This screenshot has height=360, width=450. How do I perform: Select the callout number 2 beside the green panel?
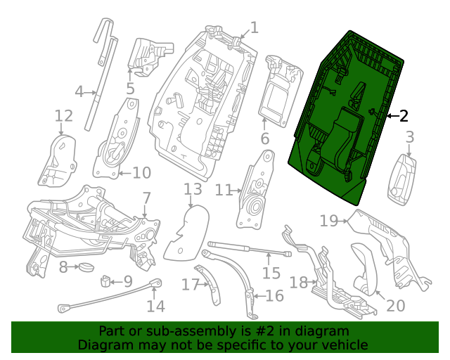coord(404,116)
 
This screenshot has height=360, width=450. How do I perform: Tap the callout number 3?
coord(409,137)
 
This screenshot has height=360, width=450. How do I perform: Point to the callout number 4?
coord(79,91)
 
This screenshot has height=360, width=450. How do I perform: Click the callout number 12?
coord(63,115)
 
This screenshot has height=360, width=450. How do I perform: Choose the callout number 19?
coord(329,221)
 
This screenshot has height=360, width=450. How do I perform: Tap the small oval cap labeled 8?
coord(86,266)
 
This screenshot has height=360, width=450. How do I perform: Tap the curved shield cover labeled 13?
coord(187,232)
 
